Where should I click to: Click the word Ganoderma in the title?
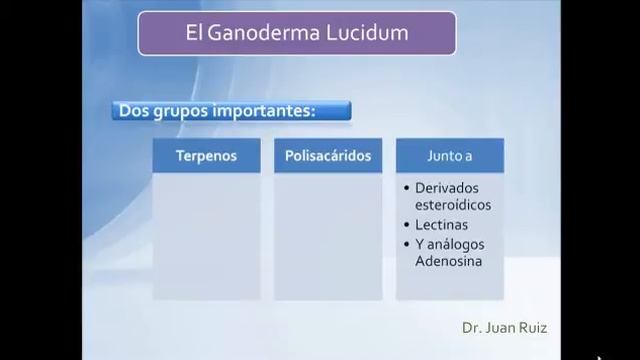[x=261, y=33]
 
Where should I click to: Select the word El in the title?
[x=196, y=33]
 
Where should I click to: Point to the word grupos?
[x=180, y=111]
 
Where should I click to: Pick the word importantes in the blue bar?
[x=263, y=110]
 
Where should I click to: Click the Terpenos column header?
[x=206, y=156]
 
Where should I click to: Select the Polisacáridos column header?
[x=328, y=156]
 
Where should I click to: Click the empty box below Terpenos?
[x=206, y=236]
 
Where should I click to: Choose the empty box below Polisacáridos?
[x=328, y=236]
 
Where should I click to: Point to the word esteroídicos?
[x=453, y=205]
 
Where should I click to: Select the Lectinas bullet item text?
[x=441, y=225]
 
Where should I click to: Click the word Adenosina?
[x=449, y=261]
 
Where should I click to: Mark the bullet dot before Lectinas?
[x=406, y=225]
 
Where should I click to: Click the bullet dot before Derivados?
[x=406, y=188]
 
